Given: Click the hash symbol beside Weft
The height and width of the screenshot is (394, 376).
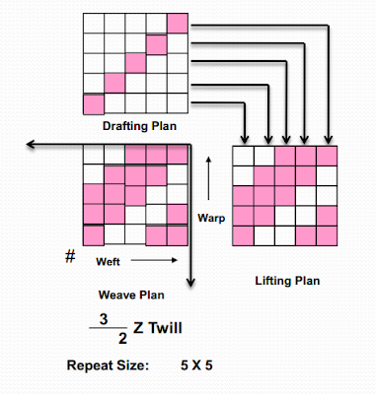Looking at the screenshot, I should (x=70, y=257).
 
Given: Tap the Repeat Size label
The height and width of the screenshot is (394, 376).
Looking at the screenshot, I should (x=108, y=365).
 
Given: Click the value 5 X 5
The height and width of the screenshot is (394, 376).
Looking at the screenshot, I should (x=195, y=365).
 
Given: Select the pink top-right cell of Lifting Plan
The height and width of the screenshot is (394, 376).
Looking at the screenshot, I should (x=328, y=156).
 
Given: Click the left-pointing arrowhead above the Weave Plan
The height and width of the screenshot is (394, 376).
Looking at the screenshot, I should (x=32, y=145).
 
